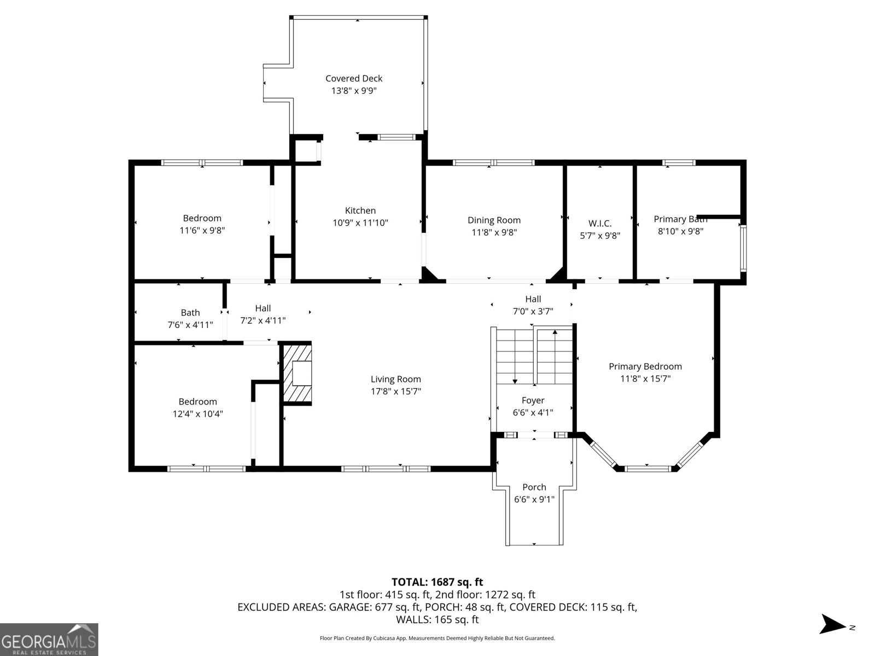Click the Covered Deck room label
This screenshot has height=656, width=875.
point(354,79)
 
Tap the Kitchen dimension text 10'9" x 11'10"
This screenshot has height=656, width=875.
point(360,223)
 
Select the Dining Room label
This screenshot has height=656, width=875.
point(494,220)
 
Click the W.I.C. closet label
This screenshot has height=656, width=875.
point(600,224)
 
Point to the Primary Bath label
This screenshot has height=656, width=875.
point(680,219)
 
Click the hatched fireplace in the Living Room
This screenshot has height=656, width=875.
point(297,374)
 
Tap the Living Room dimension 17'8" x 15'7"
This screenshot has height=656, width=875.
point(396,391)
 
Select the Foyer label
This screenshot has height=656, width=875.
point(533,401)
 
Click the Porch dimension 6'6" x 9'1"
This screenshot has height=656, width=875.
point(534,499)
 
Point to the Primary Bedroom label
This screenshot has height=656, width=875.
point(645,367)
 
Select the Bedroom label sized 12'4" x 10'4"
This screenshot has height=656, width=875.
point(198,402)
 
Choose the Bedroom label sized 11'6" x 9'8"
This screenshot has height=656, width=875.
point(202,218)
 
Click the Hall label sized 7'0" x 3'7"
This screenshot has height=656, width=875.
point(533,299)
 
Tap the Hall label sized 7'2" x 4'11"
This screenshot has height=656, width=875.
point(262,308)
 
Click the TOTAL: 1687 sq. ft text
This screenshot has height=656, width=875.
point(437,582)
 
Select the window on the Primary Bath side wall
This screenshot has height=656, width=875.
point(743,247)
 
